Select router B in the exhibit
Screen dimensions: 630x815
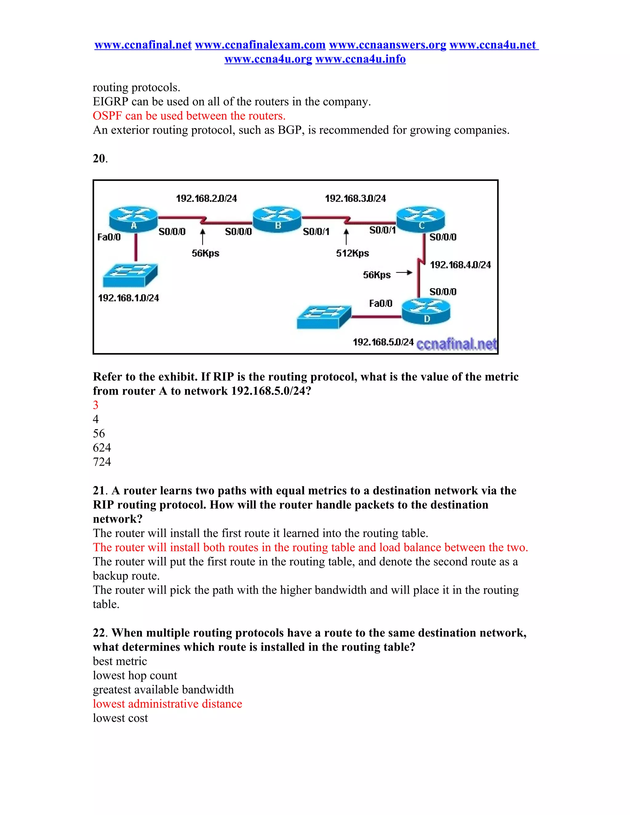[x=277, y=218]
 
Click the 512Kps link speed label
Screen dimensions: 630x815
[x=352, y=253]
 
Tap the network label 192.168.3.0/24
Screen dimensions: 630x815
[x=355, y=199]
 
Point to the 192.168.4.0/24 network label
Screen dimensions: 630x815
[x=460, y=265]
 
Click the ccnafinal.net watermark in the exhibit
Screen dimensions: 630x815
[x=456, y=344]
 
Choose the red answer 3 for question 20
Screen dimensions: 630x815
[x=96, y=405]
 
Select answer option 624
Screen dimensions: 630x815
[x=102, y=447]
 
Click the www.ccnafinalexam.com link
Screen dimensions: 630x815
[x=260, y=45]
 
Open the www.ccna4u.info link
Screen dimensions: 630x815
[x=360, y=59]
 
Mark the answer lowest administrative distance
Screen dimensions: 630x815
[x=168, y=704]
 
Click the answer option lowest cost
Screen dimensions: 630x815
[x=120, y=718]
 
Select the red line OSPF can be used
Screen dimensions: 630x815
[x=189, y=116]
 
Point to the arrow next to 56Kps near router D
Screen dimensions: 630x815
[x=404, y=273]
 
